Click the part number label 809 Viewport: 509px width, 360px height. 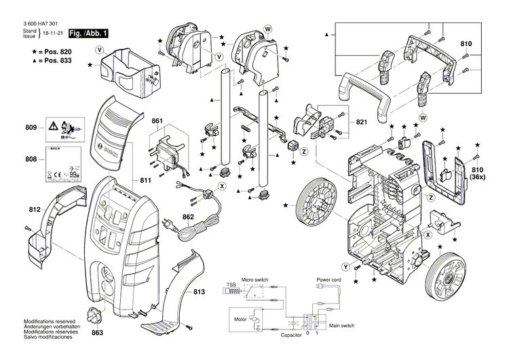31,127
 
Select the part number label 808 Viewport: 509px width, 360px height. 31,160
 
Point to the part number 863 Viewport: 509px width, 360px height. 98,334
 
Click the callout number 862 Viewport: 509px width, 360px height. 188,217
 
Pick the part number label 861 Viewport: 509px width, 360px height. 157,121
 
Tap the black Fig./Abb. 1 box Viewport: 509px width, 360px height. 88,33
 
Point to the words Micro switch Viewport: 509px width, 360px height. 257,280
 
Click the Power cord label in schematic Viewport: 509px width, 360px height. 328,280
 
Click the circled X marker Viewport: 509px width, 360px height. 221,185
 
